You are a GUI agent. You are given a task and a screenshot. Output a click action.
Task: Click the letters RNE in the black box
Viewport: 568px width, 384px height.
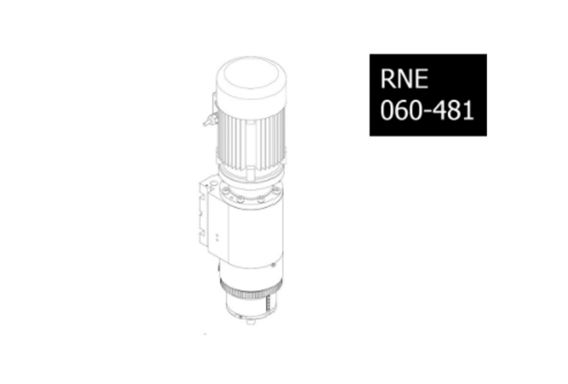click(404, 78)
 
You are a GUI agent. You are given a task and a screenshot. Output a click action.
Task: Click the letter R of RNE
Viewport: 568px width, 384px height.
click(387, 78)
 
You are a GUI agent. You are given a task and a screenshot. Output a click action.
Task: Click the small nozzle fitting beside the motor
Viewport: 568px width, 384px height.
click(210, 120)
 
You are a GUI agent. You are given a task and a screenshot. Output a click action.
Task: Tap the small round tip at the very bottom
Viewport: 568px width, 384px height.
click(251, 322)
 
